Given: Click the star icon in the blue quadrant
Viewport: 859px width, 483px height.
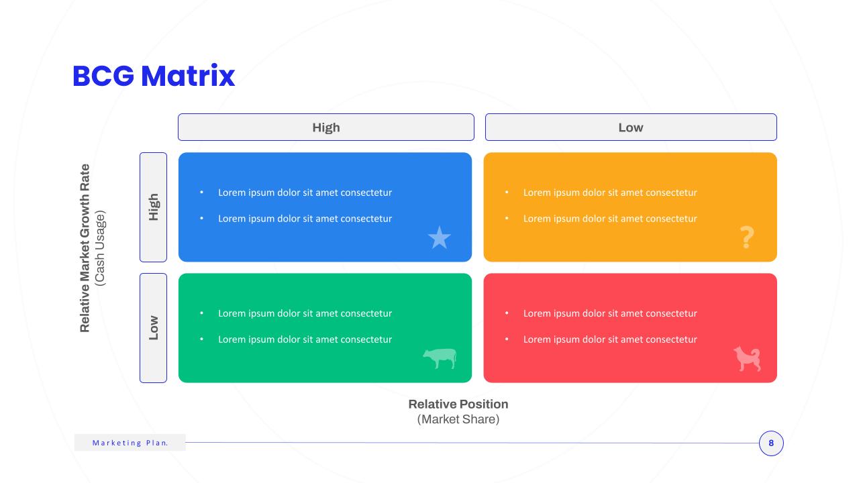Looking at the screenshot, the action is [439, 237].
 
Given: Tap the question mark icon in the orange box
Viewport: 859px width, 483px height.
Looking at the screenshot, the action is [747, 237].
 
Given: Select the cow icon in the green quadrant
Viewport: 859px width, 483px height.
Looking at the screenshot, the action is [440, 358].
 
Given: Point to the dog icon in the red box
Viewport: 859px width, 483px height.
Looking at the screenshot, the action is [747, 358].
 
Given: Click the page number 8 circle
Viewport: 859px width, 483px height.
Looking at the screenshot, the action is [771, 443].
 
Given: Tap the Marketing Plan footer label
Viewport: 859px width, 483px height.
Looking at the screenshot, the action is [130, 443].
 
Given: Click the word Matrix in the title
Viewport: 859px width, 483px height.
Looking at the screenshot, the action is [188, 76].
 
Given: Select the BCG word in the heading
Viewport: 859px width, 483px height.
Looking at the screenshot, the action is [103, 76].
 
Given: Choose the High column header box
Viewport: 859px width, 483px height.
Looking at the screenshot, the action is [326, 127].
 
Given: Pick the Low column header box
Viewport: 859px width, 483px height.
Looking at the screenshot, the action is [631, 127].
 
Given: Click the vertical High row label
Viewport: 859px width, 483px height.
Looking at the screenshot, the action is [154, 207].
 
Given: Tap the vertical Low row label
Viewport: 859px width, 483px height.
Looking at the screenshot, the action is [154, 328].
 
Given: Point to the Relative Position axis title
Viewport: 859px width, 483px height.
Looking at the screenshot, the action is [458, 404].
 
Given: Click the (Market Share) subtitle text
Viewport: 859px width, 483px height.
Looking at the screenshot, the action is [458, 419].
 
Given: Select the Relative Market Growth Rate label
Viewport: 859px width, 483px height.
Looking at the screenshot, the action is [85, 248].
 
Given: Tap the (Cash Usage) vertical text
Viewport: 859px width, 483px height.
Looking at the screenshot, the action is [100, 248].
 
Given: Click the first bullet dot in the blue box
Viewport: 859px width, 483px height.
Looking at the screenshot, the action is [202, 192].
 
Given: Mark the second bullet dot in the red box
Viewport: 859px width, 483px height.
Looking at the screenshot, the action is [507, 339].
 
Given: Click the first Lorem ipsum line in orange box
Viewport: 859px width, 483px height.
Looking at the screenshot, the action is [610, 193].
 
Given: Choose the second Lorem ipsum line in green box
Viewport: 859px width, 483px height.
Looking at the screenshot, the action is [305, 339].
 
